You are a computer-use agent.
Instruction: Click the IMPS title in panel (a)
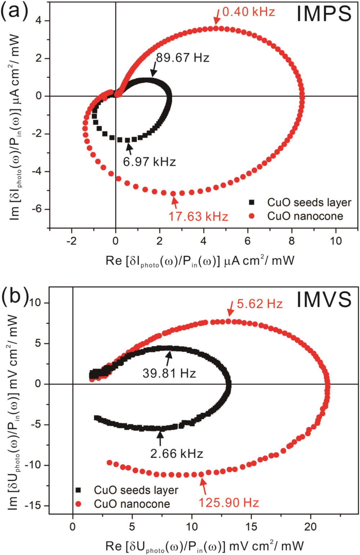[324, 14]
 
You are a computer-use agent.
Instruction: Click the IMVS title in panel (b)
[324, 300]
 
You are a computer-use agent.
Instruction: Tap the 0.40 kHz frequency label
[248, 12]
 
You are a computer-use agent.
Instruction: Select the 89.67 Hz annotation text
[183, 58]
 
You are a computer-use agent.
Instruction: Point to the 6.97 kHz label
[149, 162]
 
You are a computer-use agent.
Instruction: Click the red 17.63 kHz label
[198, 216]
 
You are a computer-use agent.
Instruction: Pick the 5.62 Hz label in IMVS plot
[260, 304]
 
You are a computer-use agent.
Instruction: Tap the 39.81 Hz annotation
[169, 373]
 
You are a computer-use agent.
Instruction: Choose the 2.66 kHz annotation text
[177, 453]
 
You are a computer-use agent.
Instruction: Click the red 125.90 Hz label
[229, 502]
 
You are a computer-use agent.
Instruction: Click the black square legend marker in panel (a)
[252, 202]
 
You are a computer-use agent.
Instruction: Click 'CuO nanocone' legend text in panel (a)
[305, 216]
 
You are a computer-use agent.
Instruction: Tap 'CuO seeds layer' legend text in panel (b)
[136, 490]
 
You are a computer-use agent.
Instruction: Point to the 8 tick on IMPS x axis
[292, 241]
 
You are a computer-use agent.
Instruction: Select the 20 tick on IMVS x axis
[310, 527]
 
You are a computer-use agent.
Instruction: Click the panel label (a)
[14, 12]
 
